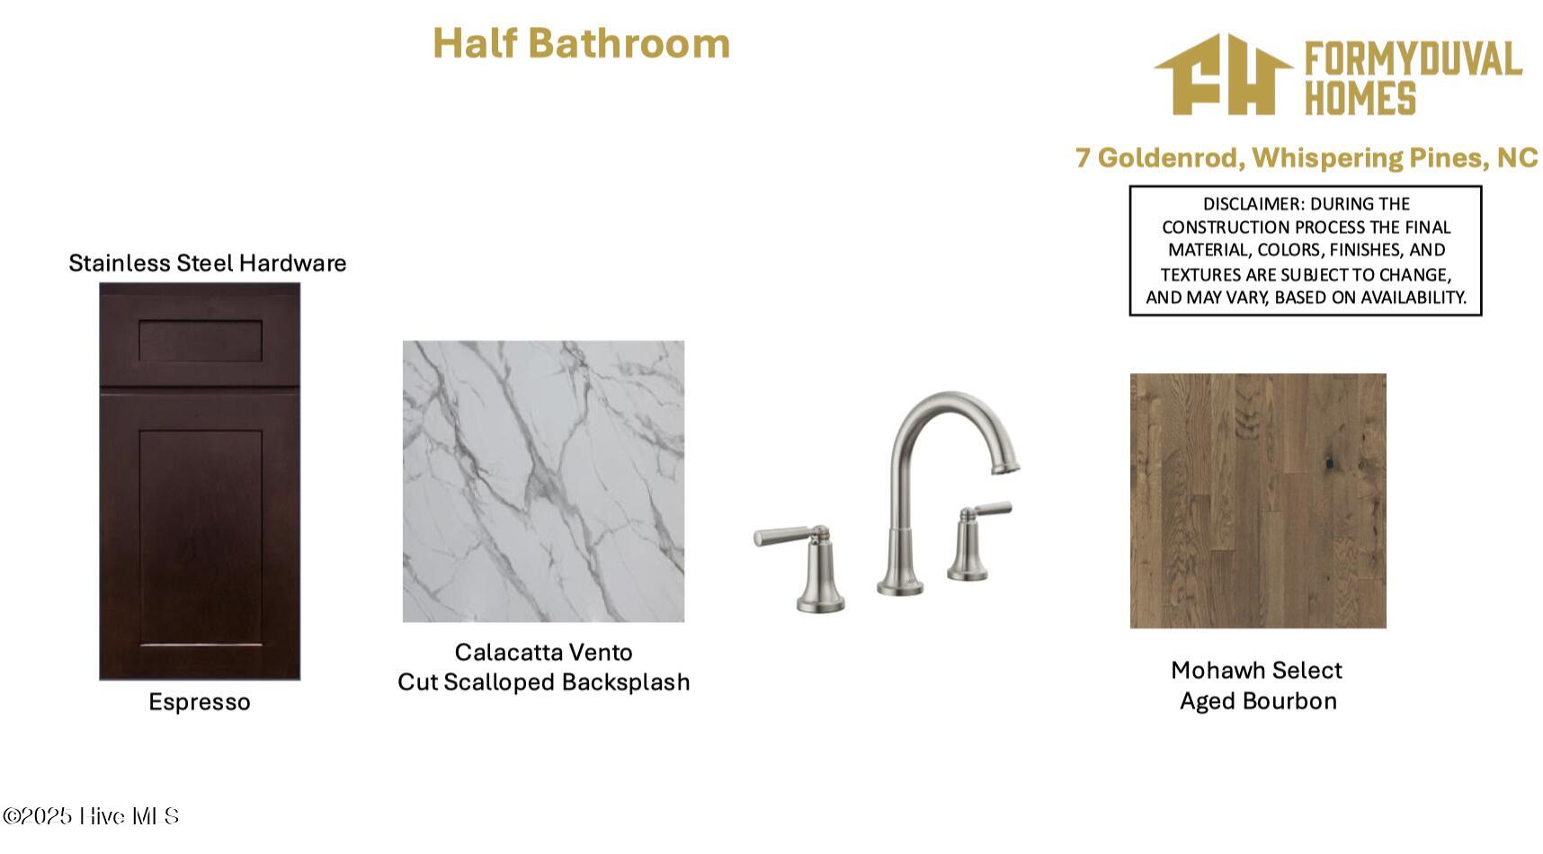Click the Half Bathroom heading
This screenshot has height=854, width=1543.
coord(581,43)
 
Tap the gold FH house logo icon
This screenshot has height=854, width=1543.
coord(1223,76)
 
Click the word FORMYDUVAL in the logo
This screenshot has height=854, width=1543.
coord(1413,59)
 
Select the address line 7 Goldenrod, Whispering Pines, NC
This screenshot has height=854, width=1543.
coord(1307,158)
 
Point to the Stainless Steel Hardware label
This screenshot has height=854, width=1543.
coord(208,262)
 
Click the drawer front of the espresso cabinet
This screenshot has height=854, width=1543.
coord(200,340)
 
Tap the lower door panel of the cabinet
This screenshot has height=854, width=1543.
coord(200,536)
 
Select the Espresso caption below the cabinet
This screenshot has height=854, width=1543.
coord(200,702)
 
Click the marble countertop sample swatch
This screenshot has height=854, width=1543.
coord(543,481)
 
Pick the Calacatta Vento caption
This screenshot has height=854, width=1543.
coord(543,652)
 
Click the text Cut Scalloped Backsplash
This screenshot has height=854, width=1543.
coord(543,682)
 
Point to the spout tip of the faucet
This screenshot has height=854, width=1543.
coord(1005,466)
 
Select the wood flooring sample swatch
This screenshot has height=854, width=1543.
coord(1258,501)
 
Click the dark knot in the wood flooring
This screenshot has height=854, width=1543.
coord(1329,463)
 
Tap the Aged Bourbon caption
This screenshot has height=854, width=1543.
coord(1258,701)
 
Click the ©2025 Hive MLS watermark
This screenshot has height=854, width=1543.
coord(91,816)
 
